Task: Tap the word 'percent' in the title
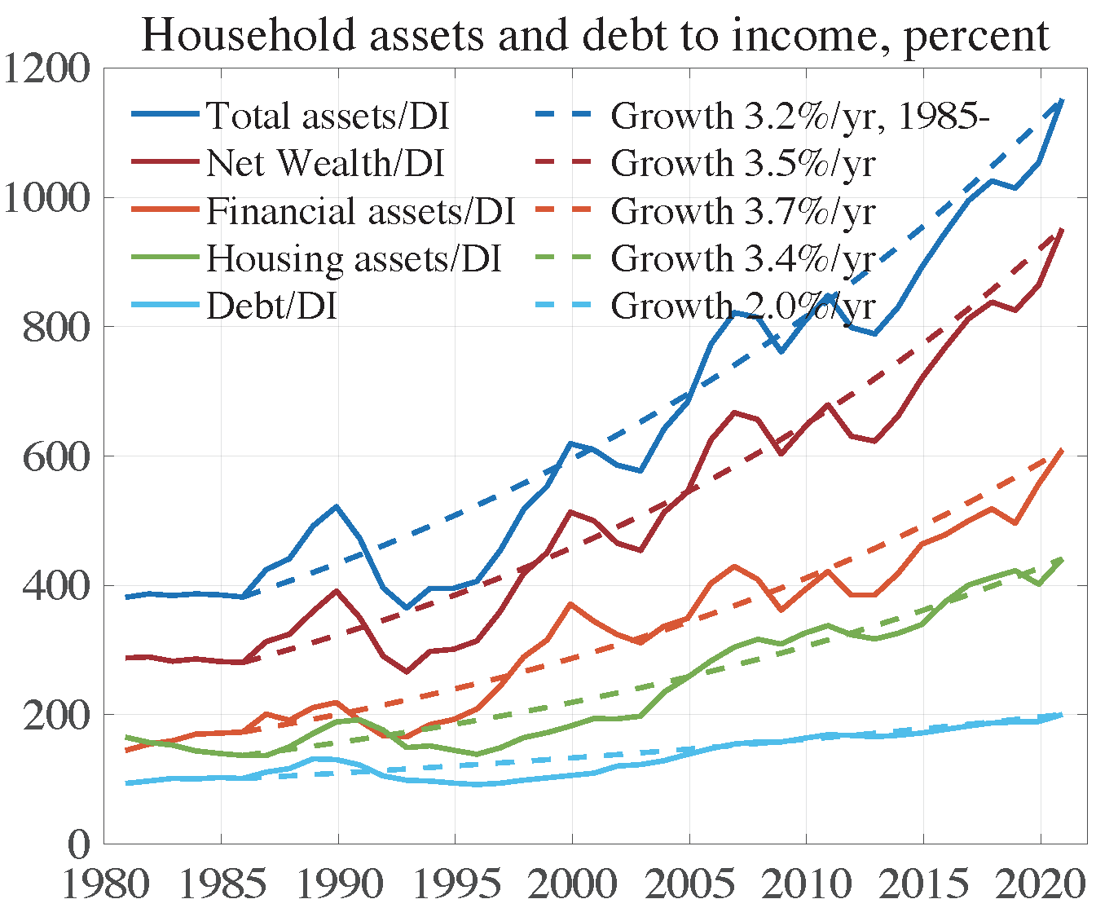pos(976,37)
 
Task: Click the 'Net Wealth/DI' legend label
pos(325,163)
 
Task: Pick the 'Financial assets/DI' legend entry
pos(360,211)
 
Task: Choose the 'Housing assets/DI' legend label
pos(353,258)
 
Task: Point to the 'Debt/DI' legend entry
pos(271,306)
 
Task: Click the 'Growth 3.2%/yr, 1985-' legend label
pos(799,116)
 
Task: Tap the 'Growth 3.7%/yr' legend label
pos(743,211)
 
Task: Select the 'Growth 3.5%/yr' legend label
pos(743,163)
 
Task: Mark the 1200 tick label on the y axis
pos(46,69)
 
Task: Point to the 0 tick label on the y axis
pos(79,844)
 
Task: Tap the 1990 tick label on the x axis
pos(337,884)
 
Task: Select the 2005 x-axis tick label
pos(689,884)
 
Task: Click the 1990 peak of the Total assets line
pos(337,506)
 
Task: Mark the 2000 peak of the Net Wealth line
pos(571,512)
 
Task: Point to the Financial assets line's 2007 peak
pos(735,566)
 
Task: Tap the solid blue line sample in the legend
pos(165,116)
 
